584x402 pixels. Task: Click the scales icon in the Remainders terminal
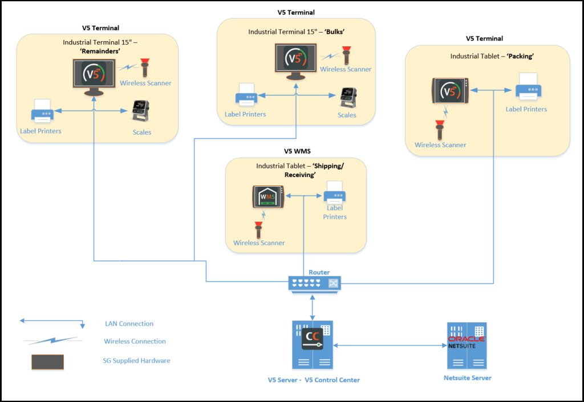point(140,111)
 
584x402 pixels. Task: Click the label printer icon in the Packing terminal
point(528,89)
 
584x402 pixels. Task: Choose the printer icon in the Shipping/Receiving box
point(334,193)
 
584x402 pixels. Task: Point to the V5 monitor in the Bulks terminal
point(295,62)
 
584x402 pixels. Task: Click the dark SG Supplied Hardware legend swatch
point(47,361)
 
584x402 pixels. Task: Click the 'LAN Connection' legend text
point(129,324)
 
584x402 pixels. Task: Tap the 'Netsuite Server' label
point(467,378)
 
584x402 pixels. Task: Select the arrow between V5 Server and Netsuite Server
point(390,345)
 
